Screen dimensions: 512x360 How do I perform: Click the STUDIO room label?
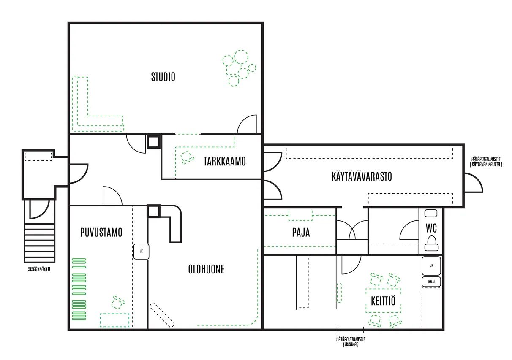click(163, 77)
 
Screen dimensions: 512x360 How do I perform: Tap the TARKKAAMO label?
click(224, 161)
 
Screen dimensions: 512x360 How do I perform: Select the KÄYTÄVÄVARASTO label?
click(362, 176)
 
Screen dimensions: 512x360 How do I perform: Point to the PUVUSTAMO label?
click(101, 233)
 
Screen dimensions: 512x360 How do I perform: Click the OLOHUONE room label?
click(206, 269)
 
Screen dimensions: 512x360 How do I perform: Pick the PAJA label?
click(301, 233)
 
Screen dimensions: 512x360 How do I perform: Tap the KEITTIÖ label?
click(383, 300)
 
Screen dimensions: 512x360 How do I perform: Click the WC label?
click(431, 228)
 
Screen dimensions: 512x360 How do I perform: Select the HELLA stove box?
click(431, 282)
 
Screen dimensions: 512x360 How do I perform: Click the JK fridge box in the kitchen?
click(431, 266)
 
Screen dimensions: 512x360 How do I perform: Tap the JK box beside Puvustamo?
click(141, 252)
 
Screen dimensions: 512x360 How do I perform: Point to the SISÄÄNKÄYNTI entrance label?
click(39, 269)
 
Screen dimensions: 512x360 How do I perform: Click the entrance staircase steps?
click(40, 243)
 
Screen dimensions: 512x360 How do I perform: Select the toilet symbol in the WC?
click(432, 244)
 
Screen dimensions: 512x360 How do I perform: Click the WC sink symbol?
click(431, 213)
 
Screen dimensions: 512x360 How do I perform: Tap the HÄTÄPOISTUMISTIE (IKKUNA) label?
click(351, 342)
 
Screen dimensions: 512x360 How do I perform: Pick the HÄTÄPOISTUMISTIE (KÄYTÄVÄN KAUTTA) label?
click(486, 162)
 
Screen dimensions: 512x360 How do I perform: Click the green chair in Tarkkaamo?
click(187, 157)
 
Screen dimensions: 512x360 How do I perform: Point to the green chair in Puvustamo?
click(118, 302)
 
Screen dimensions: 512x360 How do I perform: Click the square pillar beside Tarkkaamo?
click(154, 141)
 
